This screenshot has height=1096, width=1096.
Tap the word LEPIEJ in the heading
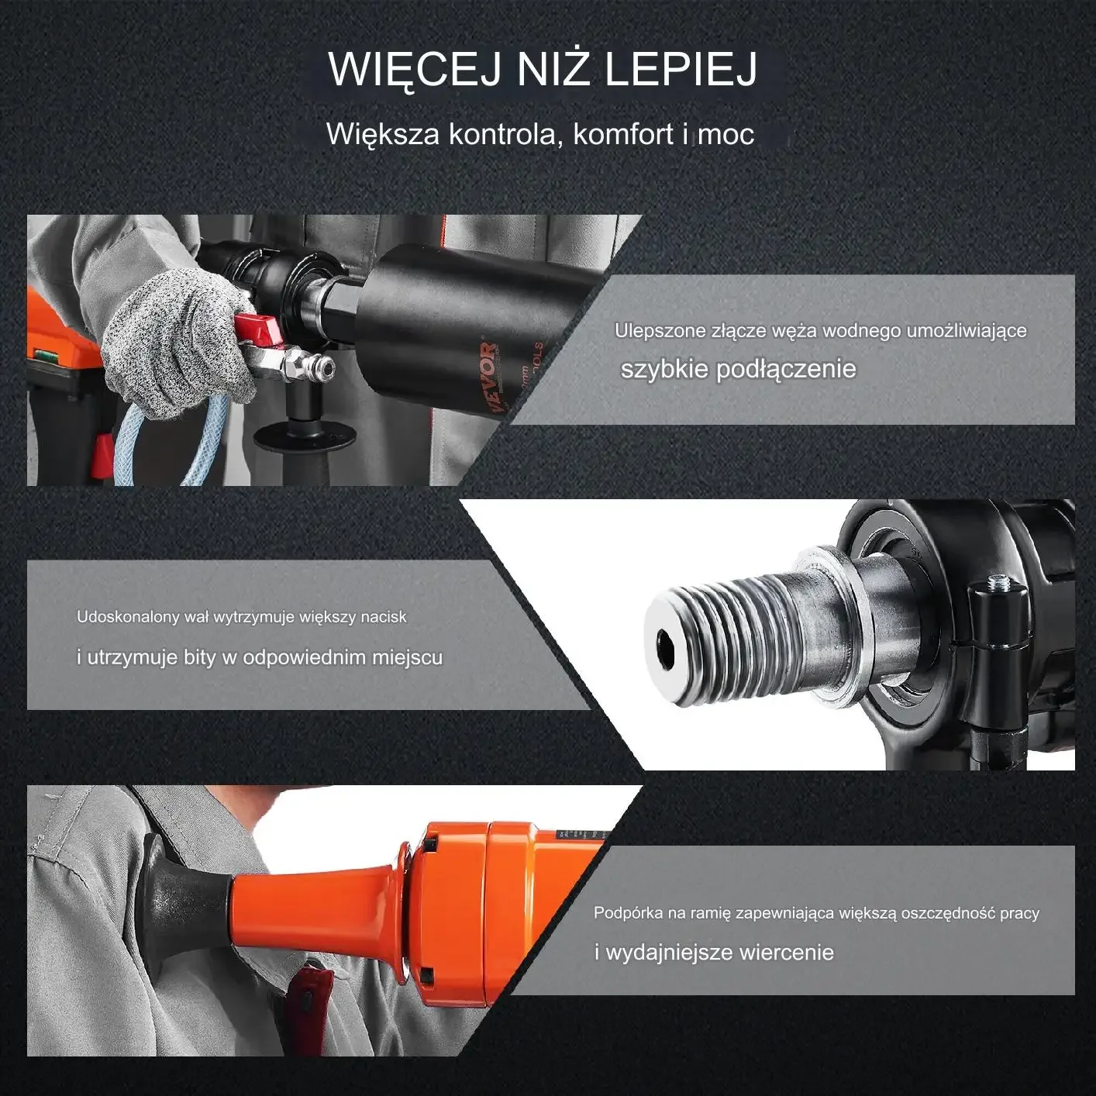(x=680, y=69)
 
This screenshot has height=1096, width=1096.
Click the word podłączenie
(x=786, y=369)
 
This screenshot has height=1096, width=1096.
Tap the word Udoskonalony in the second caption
(x=128, y=617)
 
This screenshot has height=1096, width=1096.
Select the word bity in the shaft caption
(x=200, y=657)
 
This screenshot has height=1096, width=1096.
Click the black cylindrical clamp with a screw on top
(x=999, y=628)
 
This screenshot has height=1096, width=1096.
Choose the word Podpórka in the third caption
(x=628, y=913)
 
